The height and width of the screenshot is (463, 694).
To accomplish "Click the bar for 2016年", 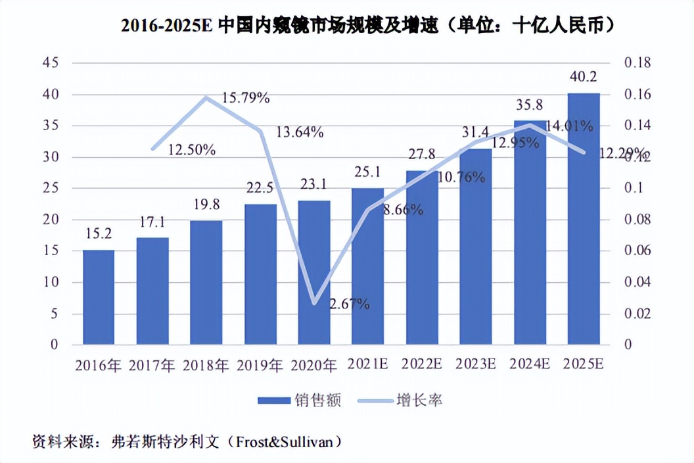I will tap(99, 297).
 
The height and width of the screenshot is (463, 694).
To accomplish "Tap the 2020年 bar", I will tap(314, 272).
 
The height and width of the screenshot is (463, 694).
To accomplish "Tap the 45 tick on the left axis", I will tap(51, 63).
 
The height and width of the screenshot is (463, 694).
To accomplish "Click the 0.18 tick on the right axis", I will tap(637, 63).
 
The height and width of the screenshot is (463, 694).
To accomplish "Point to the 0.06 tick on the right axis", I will tap(637, 251).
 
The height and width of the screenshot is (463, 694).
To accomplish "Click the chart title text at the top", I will tap(369, 26).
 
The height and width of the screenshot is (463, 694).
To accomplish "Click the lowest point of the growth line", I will tap(314, 303).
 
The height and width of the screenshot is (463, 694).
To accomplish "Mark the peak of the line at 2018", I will tap(206, 97).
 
